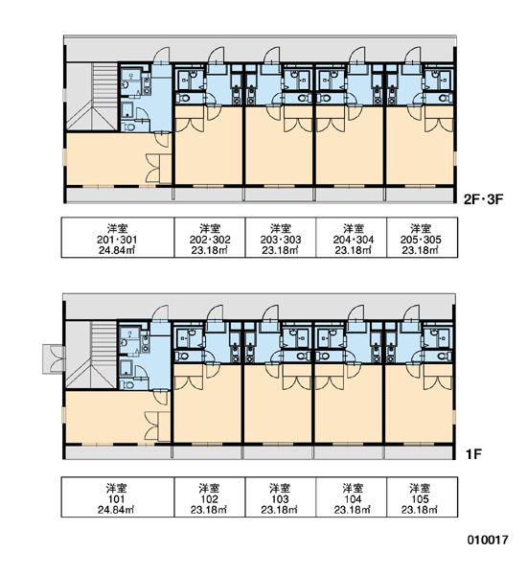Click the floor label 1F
tap(473, 454)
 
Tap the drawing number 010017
tap(488, 540)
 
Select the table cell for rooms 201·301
tap(117, 238)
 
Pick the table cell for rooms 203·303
tap(281, 238)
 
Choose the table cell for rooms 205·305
tap(422, 238)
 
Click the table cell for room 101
tap(117, 496)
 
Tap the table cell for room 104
tap(352, 496)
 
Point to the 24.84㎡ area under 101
tap(116, 510)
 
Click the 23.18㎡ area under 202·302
tap(209, 250)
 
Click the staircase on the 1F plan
tap(92, 355)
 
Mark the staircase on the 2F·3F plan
tap(92, 97)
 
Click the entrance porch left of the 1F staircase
tap(54, 358)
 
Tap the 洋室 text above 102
tap(209, 488)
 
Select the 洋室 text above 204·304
tap(354, 229)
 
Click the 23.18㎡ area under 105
tap(420, 510)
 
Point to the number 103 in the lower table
tap(280, 499)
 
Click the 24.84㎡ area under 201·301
tap(117, 250)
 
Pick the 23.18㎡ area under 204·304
tap(353, 250)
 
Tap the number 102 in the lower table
tap(209, 499)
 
